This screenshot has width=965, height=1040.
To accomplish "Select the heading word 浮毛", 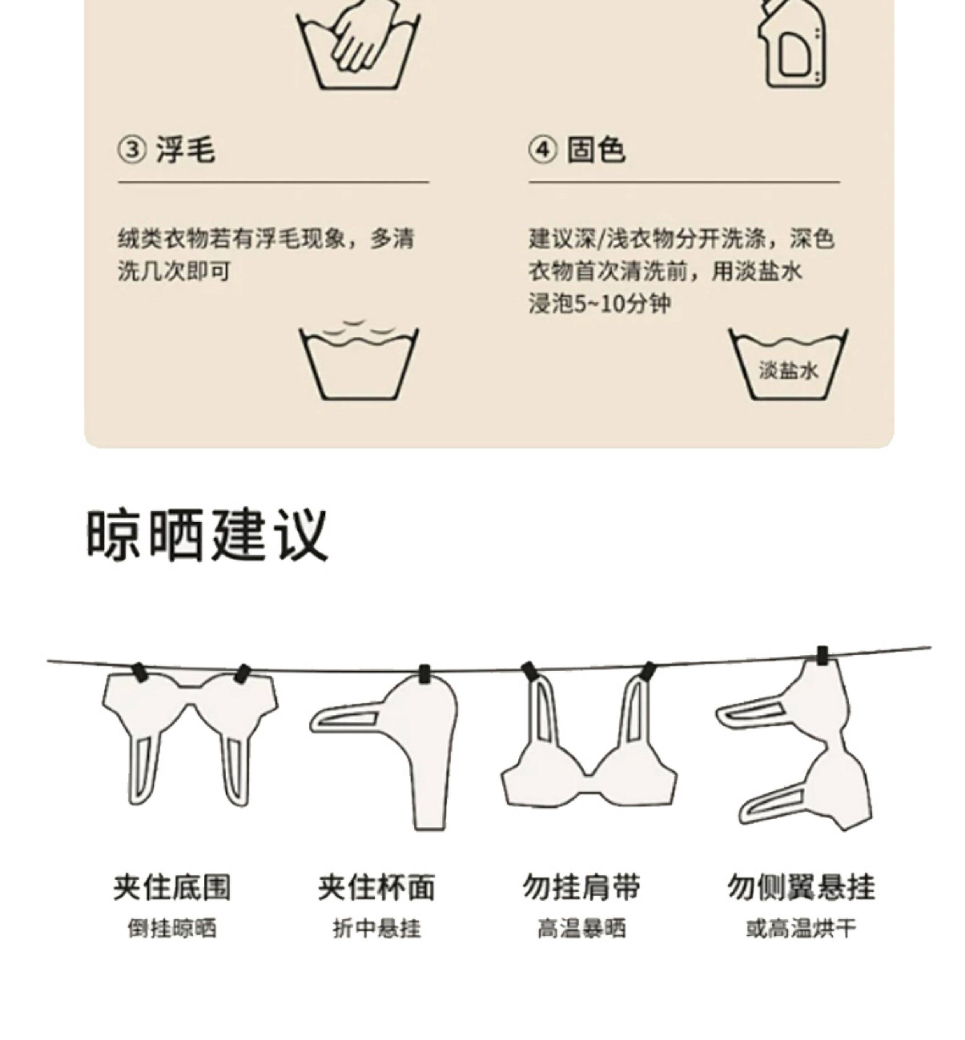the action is click(x=185, y=150).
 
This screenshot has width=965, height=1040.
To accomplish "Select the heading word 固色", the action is click(x=597, y=150).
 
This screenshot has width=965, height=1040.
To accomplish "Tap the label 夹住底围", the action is click(x=172, y=887).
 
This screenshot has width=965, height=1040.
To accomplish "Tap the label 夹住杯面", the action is click(x=377, y=887).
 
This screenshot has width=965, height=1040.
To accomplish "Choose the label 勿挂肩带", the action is click(x=581, y=887).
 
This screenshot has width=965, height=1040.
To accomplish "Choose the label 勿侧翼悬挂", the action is click(x=801, y=887).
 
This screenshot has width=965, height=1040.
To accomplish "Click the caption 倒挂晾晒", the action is click(x=172, y=929).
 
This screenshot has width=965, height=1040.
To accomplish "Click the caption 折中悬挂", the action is click(x=377, y=929).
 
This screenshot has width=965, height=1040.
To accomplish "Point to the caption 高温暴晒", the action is click(x=581, y=929).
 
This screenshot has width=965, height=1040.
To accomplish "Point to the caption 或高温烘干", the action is click(x=801, y=929).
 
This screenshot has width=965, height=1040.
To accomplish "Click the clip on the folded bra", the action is click(x=425, y=674).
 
